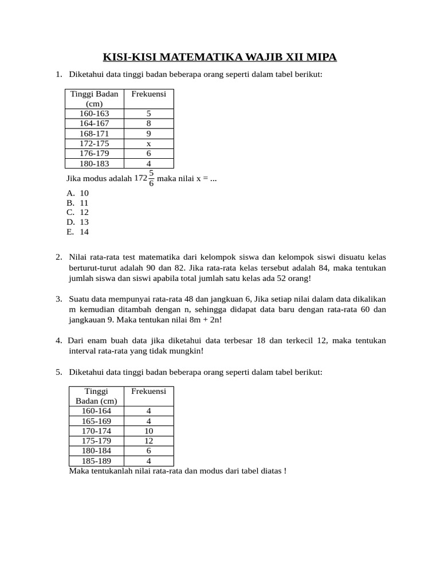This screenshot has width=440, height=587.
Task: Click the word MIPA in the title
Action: tap(320, 57)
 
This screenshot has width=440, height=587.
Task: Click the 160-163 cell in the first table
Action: tap(95, 114)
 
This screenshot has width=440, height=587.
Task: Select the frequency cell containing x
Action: tap(148, 143)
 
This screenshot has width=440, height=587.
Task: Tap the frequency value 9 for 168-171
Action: tap(148, 134)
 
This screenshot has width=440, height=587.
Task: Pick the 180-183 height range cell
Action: tap(95, 163)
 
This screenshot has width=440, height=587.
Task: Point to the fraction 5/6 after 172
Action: tap(151, 178)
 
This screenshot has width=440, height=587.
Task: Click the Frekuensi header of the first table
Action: tap(148, 94)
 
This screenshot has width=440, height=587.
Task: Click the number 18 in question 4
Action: tap(261, 341)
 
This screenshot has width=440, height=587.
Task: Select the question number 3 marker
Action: tap(58, 299)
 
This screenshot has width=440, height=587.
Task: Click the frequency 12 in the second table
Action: tap(148, 441)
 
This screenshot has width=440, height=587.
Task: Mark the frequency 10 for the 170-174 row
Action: tap(148, 431)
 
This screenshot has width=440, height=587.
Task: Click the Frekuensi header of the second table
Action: tap(148, 391)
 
